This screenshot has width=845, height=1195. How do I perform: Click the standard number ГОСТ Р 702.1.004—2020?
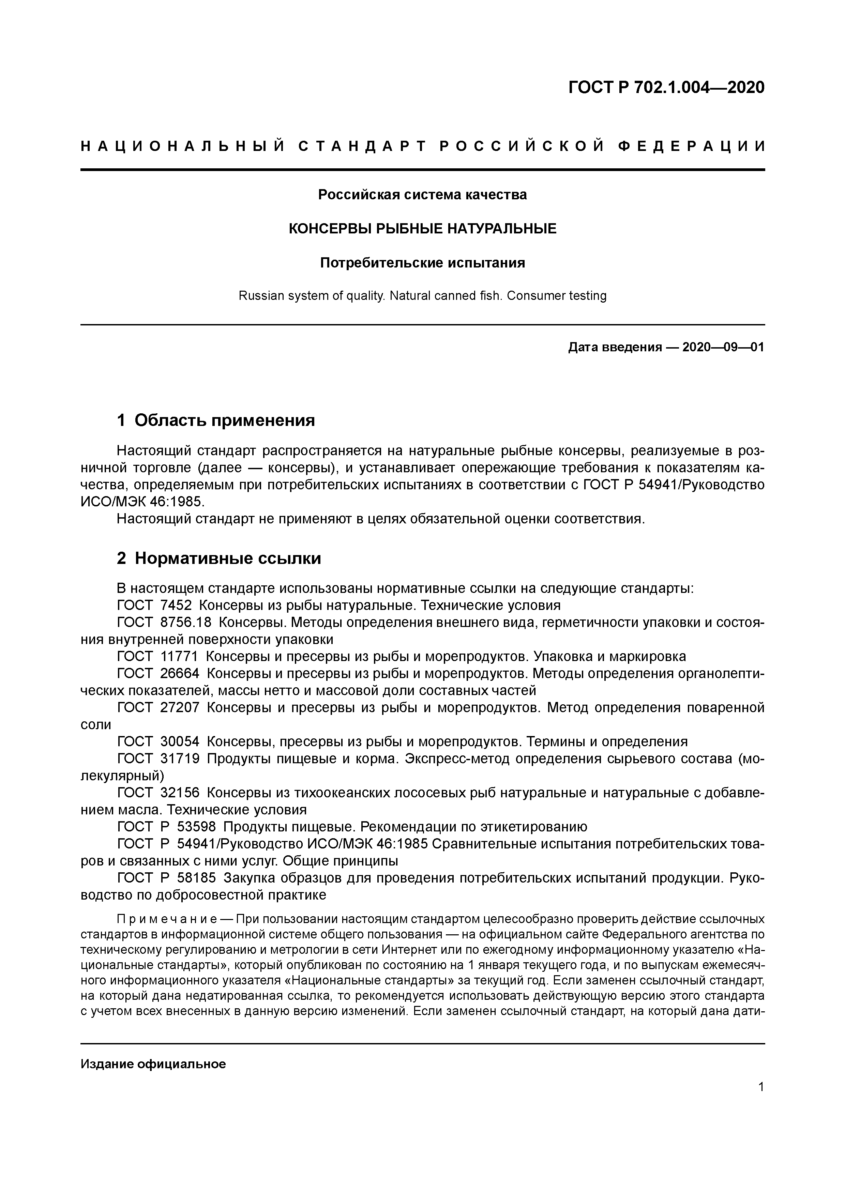coord(666,88)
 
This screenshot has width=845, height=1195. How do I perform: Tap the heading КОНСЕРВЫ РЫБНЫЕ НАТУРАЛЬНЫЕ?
coord(422,229)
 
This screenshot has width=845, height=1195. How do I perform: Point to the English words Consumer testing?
coord(557,296)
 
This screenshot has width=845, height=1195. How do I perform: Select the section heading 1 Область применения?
coord(216,420)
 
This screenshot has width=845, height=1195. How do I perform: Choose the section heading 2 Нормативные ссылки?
coord(219,558)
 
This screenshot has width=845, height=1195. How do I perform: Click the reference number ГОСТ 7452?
coord(155,605)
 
